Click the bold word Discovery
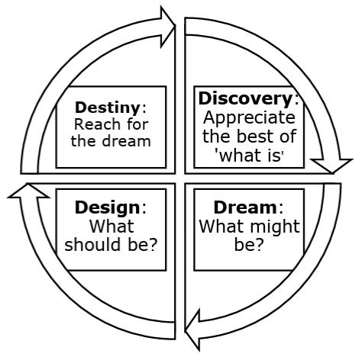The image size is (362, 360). [x=245, y=99]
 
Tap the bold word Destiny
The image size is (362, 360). [x=108, y=108]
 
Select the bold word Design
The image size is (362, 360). [x=108, y=208]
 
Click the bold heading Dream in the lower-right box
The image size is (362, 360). [x=245, y=207]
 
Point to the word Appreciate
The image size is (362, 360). [x=249, y=118]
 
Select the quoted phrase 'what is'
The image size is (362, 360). [x=249, y=155]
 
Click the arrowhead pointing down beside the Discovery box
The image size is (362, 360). [x=332, y=166]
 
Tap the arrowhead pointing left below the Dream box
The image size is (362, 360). [x=192, y=330]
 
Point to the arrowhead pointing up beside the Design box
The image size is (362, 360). [x=28, y=191]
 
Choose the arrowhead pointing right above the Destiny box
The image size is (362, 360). [x=168, y=27]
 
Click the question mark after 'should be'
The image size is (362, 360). [x=152, y=245]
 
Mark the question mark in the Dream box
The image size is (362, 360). [x=258, y=245]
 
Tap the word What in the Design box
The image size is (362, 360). [x=112, y=227]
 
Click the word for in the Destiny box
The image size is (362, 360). [x=137, y=124]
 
